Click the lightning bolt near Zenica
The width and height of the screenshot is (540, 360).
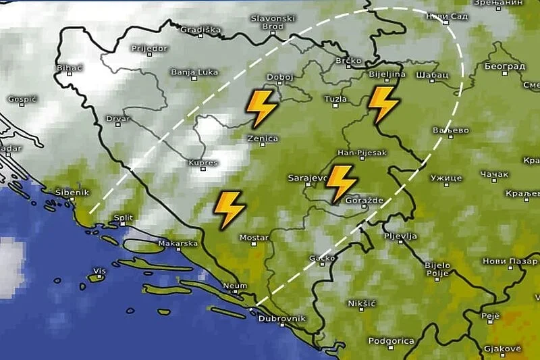(261, 107)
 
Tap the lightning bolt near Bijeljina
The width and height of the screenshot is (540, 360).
(383, 105)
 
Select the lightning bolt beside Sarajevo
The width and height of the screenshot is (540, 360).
(341, 183)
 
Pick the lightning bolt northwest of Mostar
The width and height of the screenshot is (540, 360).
(230, 209)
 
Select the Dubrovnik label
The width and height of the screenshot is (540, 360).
(283, 318)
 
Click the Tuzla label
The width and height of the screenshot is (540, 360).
(335, 99)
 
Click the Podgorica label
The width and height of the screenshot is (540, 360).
(391, 341)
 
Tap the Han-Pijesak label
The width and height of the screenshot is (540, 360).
(362, 153)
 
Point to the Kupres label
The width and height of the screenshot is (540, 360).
(203, 163)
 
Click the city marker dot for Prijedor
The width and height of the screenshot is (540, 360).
(150, 54)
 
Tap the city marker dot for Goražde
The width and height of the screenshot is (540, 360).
(364, 206)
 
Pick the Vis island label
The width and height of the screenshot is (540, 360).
(100, 272)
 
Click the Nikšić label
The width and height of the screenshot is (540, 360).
(361, 303)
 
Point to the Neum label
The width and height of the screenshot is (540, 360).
(235, 286)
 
